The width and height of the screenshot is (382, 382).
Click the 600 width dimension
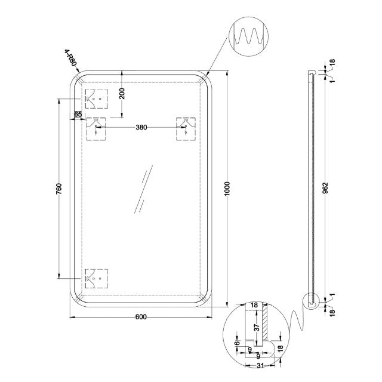(141, 317)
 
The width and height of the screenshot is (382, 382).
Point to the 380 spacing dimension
(141, 127)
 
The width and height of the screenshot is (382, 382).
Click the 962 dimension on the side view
(325, 189)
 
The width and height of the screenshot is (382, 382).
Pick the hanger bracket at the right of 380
(186, 128)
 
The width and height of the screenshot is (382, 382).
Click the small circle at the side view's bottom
(312, 303)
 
